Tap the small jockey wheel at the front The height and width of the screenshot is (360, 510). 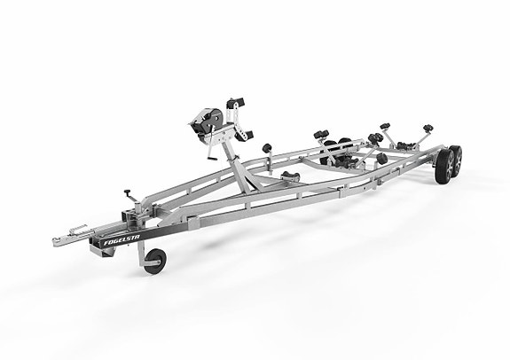pyautogui.click(x=155, y=262)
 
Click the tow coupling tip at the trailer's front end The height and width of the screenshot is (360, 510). pyautogui.click(x=56, y=242)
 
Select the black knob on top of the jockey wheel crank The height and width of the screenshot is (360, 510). pyautogui.click(x=127, y=192)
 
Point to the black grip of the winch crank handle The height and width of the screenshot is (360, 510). pyautogui.click(x=212, y=158)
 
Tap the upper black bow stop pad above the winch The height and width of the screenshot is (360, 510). pyautogui.click(x=236, y=103)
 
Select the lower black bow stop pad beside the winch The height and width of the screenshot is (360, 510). pyautogui.click(x=245, y=136)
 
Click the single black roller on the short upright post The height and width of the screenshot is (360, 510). pyautogui.click(x=267, y=148)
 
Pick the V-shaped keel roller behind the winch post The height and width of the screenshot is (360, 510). pyautogui.click(x=290, y=176)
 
